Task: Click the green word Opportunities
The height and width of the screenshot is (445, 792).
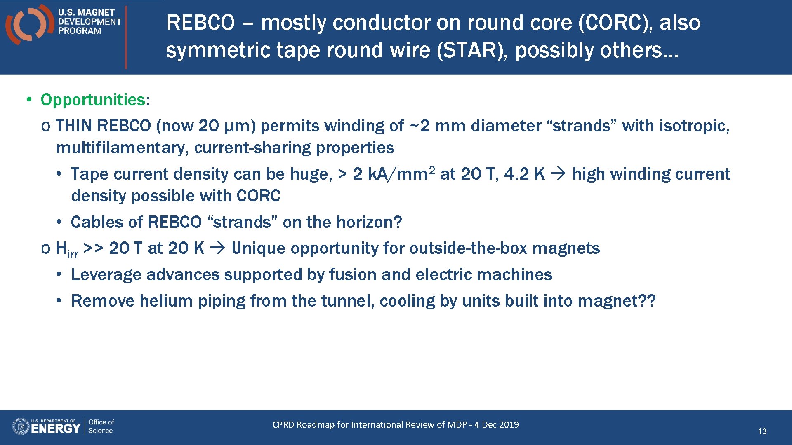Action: [x=93, y=100]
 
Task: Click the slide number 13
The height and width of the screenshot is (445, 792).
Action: [x=762, y=431]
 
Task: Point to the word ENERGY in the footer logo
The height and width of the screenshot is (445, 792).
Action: [x=56, y=429]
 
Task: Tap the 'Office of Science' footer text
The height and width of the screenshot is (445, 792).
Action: [x=101, y=426]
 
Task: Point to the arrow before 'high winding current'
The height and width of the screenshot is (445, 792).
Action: [x=559, y=174]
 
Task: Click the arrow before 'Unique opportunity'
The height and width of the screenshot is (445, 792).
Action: [x=217, y=248]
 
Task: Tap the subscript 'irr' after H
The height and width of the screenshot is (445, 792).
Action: [x=73, y=254]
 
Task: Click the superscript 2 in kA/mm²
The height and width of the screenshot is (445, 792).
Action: [x=431, y=169]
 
